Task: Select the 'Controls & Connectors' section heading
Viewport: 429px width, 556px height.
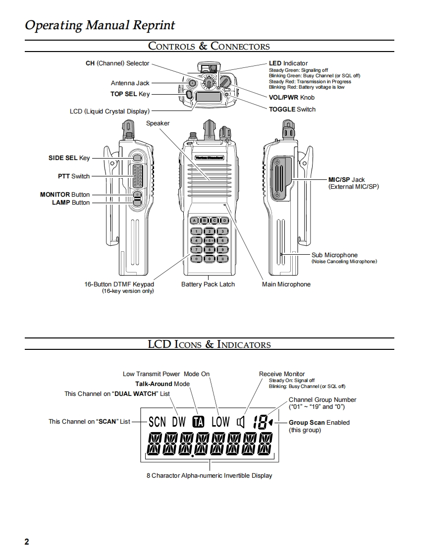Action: click(x=209, y=46)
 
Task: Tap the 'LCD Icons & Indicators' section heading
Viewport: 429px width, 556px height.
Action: click(x=209, y=344)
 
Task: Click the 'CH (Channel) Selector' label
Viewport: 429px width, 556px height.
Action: click(x=117, y=63)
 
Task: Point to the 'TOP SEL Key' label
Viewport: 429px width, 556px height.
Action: click(x=130, y=94)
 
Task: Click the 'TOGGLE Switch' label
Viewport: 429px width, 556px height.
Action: click(x=292, y=109)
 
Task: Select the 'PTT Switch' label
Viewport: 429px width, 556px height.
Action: click(x=74, y=176)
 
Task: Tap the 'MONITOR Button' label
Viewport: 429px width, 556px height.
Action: click(x=65, y=195)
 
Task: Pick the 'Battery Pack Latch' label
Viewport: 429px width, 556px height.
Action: click(x=208, y=284)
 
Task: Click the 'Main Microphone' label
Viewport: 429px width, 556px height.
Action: click(x=286, y=284)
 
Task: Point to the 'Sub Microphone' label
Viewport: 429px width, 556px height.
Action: click(x=334, y=255)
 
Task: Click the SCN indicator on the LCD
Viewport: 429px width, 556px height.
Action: click(x=157, y=422)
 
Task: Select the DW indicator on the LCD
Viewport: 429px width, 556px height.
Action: click(x=179, y=422)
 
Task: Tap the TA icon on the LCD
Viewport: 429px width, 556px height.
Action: click(x=198, y=422)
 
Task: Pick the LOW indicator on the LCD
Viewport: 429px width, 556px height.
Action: click(x=220, y=422)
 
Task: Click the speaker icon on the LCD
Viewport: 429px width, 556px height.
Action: click(x=241, y=422)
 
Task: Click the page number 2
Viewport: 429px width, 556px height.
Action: click(x=27, y=542)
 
